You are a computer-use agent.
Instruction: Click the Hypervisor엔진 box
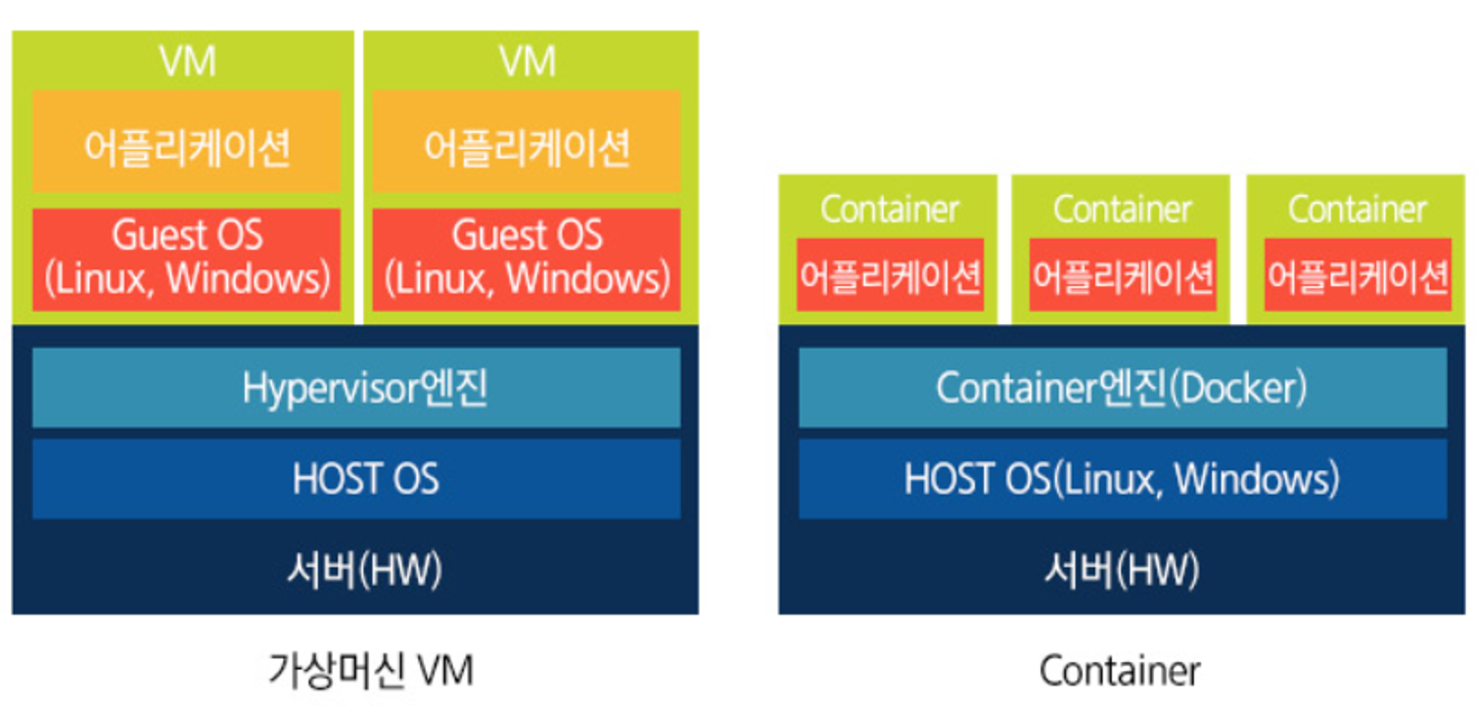pyautogui.click(x=355, y=389)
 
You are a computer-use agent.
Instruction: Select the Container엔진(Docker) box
pyautogui.click(x=1122, y=389)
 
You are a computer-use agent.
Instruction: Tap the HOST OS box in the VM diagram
pyautogui.click(x=355, y=479)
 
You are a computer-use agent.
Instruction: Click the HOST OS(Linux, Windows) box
pyautogui.click(x=1122, y=479)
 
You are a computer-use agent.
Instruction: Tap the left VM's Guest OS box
pyautogui.click(x=186, y=259)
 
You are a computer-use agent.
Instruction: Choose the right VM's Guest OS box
pyautogui.click(x=527, y=259)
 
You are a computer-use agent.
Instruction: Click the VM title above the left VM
pyautogui.click(x=187, y=62)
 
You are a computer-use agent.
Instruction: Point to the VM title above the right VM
pyautogui.click(x=528, y=62)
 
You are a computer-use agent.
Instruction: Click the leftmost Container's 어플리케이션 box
pyautogui.click(x=890, y=276)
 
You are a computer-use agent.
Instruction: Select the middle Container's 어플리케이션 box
pyautogui.click(x=1123, y=276)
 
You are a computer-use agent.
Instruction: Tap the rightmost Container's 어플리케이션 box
pyautogui.click(x=1357, y=276)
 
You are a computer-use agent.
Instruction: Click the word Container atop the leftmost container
pyautogui.click(x=890, y=210)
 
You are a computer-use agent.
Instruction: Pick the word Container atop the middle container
pyautogui.click(x=1123, y=210)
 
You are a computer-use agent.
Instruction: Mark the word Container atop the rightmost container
pyautogui.click(x=1357, y=210)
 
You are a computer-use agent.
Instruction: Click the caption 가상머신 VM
pyautogui.click(x=370, y=672)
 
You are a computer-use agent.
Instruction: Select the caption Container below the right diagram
pyautogui.click(x=1120, y=672)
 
